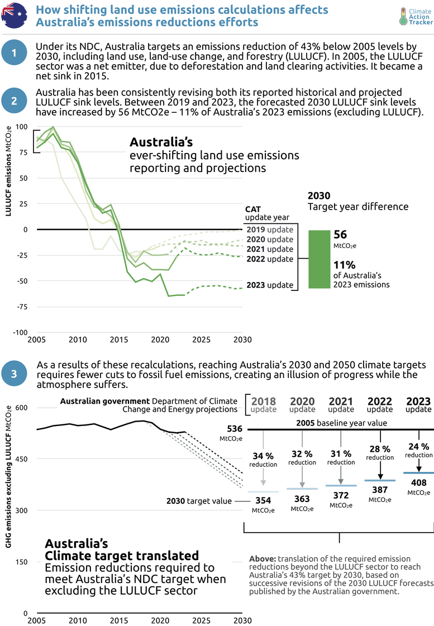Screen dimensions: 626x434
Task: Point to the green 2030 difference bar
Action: pyautogui.click(x=319, y=260)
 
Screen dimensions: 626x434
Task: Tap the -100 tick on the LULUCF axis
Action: pyautogui.click(x=20, y=332)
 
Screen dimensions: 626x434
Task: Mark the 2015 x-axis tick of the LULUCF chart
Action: pyautogui.click(x=118, y=340)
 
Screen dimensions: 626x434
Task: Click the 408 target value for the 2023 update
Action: pyautogui.click(x=418, y=482)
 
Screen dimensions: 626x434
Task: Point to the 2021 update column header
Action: pyautogui.click(x=341, y=404)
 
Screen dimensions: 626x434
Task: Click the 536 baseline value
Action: pyautogui.click(x=235, y=429)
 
